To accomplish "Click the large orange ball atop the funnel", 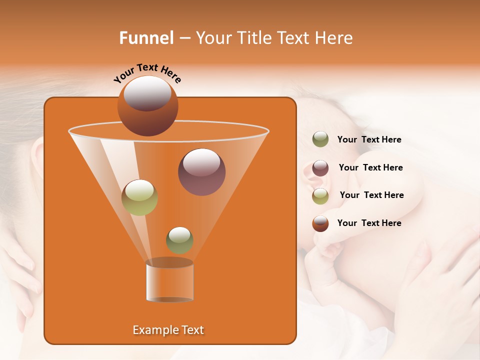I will click(x=147, y=105).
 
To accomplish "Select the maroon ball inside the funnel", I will click(x=201, y=172).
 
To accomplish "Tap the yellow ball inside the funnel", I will click(x=139, y=197).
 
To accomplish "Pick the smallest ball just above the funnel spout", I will click(x=179, y=240).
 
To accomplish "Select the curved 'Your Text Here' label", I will click(x=147, y=73).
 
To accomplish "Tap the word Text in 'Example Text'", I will click(x=192, y=330).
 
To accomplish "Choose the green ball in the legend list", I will click(x=320, y=139).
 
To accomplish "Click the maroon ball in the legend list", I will click(x=320, y=168).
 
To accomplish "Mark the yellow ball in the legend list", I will click(x=320, y=195).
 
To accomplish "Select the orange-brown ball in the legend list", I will click(x=320, y=223).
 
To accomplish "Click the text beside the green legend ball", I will click(x=369, y=140).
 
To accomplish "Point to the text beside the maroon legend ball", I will click(x=370, y=168).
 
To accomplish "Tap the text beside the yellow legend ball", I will click(x=371, y=195).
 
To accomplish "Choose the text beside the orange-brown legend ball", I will click(x=369, y=223).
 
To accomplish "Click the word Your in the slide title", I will click(x=214, y=38).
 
